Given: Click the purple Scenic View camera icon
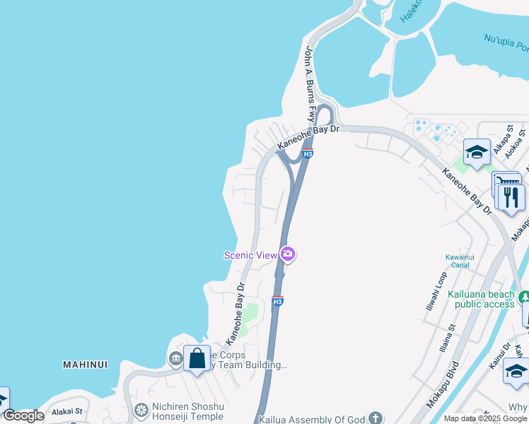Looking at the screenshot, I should coord(287,254).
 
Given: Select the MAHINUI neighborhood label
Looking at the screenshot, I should coord(85,365).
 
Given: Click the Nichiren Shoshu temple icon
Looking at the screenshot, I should coord(141,410).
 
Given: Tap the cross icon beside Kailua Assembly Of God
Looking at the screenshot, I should coord(375,418).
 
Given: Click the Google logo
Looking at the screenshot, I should coord(24,416).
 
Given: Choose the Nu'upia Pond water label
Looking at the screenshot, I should coord(506,44).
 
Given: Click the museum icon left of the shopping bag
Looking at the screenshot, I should coord(175,359).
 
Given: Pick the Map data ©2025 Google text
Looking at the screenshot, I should coord(486,418).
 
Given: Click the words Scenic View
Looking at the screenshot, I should coord(250,255).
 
